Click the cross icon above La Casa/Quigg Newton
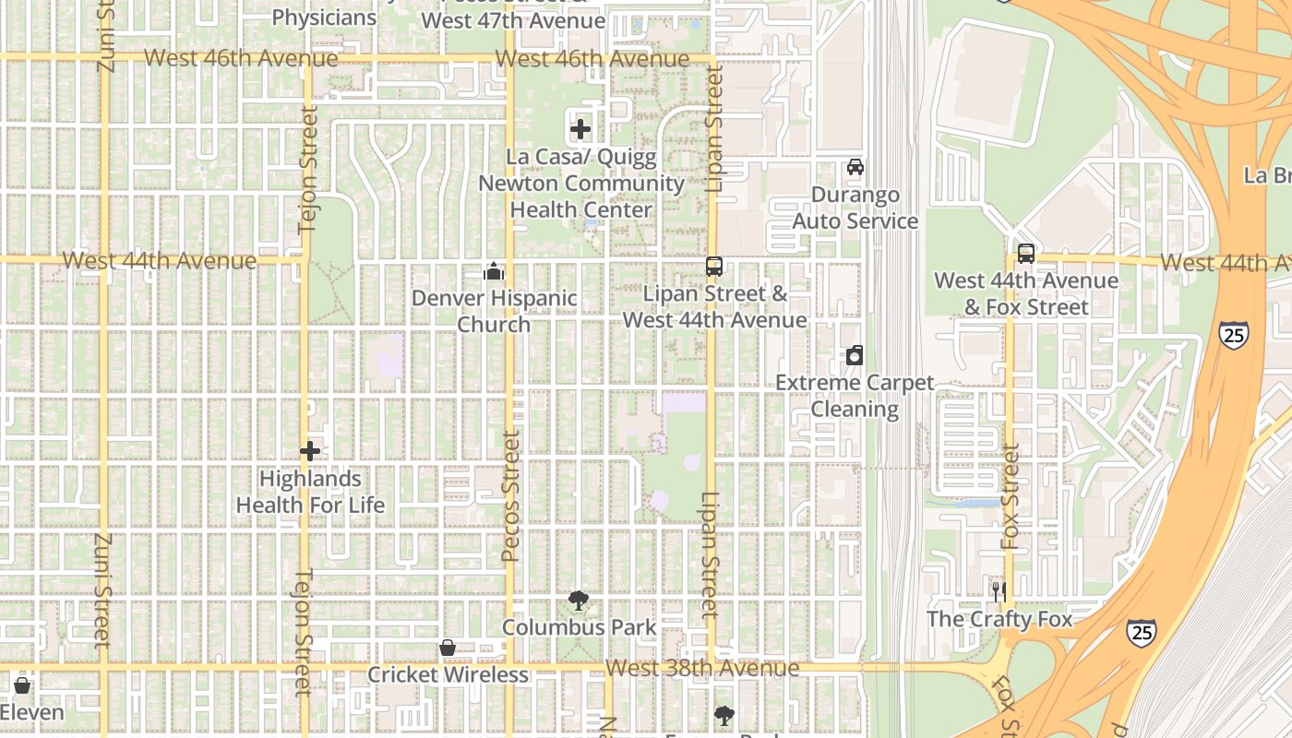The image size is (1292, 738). tap(580, 129)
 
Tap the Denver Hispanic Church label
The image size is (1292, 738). tap(494, 311)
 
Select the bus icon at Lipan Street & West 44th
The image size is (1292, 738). tap(714, 267)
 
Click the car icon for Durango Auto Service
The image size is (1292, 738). tap(855, 167)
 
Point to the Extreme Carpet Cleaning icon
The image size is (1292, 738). tap(855, 355)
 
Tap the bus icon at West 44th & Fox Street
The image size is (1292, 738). tap(1025, 254)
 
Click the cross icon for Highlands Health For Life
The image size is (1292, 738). tap(310, 451)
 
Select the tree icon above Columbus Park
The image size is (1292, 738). tap(579, 601)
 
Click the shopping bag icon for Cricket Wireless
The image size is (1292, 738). tap(448, 648)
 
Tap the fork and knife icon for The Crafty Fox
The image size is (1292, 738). tap(999, 591)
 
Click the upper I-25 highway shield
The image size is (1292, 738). tap(1234, 334)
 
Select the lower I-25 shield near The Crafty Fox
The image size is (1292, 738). tap(1142, 632)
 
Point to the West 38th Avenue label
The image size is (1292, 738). tap(702, 668)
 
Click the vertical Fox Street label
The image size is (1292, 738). tap(1011, 496)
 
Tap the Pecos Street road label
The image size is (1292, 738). tap(510, 496)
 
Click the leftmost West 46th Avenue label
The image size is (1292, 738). tap(241, 58)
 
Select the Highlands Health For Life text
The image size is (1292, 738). tap(310, 492)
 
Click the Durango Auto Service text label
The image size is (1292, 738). tap(855, 208)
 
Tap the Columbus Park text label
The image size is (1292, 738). tap(579, 627)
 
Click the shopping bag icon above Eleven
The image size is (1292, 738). tap(22, 685)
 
